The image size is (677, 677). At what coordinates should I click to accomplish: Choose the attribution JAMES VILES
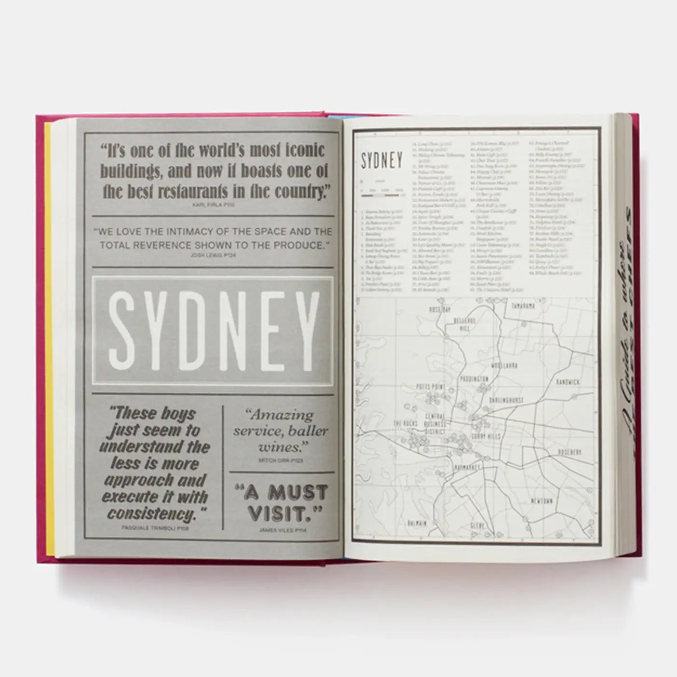[280, 530]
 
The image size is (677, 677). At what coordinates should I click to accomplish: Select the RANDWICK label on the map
[568, 382]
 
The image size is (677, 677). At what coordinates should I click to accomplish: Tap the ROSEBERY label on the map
[569, 452]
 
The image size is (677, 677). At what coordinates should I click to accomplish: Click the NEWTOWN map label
[542, 501]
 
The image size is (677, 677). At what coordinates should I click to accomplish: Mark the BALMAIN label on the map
[417, 523]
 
